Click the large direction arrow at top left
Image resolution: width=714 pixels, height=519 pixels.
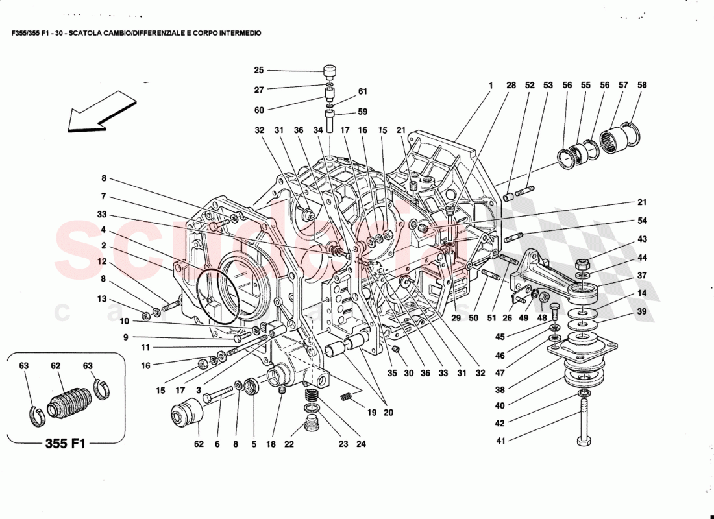coord(101,112)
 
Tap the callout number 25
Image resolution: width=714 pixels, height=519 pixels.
coord(259,71)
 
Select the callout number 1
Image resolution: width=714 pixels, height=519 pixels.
coord(491,85)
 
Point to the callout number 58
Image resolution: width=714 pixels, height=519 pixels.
coord(642,85)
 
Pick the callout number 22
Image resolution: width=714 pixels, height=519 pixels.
coord(288,444)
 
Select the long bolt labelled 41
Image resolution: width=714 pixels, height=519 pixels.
coord(584,425)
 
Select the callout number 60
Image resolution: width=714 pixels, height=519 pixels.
coord(259,110)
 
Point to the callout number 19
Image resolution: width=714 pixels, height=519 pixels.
coord(371,412)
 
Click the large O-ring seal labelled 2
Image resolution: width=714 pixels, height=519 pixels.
coord(217,295)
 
